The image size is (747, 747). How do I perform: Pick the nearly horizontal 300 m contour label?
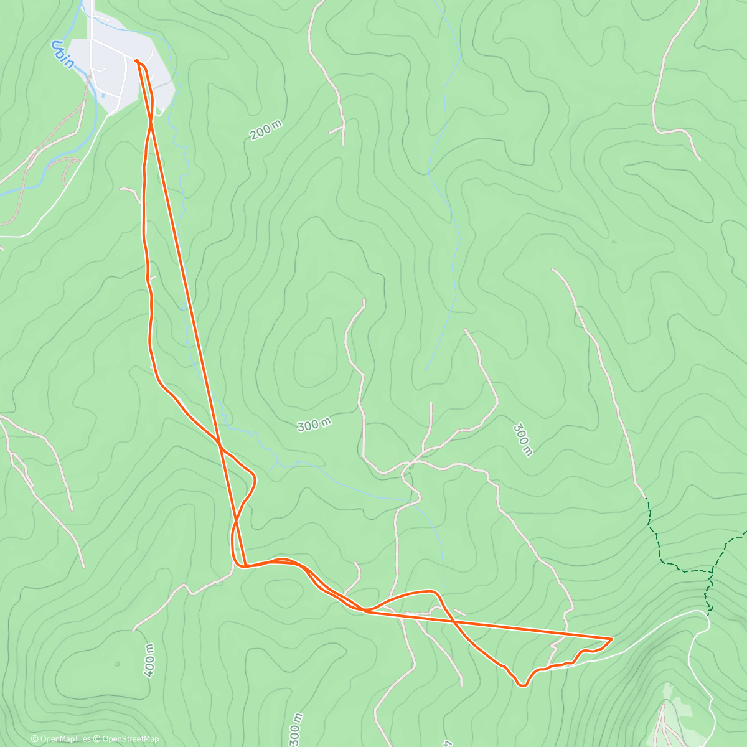point(314,425)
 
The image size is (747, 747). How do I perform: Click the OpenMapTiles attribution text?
point(65,739)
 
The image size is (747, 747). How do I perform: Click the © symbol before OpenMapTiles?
point(34,739)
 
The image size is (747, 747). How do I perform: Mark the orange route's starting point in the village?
point(136,60)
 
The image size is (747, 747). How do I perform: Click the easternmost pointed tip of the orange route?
point(612,638)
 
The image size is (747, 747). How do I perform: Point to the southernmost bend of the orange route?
point(524,685)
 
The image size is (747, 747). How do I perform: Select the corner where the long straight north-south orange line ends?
point(245,566)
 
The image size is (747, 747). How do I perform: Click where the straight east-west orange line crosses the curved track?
point(454,621)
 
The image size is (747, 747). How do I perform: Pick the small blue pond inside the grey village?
point(102,95)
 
